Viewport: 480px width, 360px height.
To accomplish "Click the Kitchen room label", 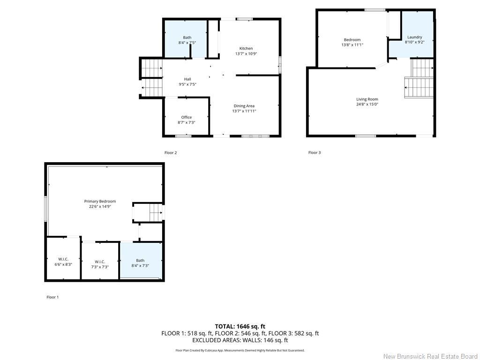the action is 246,48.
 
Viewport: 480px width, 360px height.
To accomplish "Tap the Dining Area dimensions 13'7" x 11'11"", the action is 244,111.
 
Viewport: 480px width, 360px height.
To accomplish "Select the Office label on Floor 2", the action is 187,117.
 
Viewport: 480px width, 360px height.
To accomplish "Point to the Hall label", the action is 187,79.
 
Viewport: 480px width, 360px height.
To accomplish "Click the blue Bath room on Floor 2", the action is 186,39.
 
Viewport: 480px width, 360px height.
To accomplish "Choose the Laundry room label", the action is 415,37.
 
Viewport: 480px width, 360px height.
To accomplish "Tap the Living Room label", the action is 367,99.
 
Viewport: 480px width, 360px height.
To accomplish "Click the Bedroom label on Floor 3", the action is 352,40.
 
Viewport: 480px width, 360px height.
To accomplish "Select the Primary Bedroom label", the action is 100,202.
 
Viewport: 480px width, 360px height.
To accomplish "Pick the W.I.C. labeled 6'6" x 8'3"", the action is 63,262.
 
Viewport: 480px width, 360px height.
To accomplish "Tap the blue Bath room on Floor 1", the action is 141,261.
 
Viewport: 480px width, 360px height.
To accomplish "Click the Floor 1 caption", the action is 52,297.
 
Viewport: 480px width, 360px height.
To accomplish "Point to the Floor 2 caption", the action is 171,153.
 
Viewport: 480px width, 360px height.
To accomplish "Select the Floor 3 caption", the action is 315,152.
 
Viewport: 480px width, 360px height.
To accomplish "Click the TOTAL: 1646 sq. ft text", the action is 240,326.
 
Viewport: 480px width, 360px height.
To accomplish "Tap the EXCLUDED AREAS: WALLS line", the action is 240,340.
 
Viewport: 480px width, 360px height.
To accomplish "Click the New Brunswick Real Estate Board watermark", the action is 430,356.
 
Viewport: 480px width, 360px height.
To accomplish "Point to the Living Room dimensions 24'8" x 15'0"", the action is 367,105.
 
